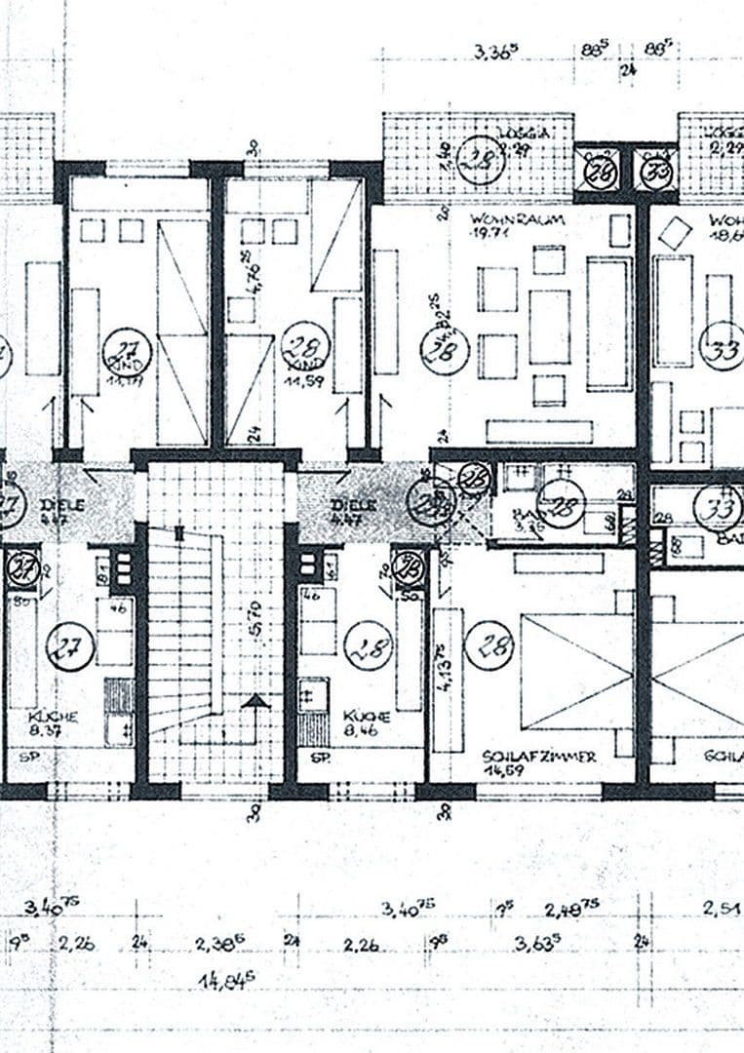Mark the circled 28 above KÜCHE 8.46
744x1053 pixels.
[x=368, y=644]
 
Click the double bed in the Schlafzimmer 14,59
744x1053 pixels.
[x=576, y=672]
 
